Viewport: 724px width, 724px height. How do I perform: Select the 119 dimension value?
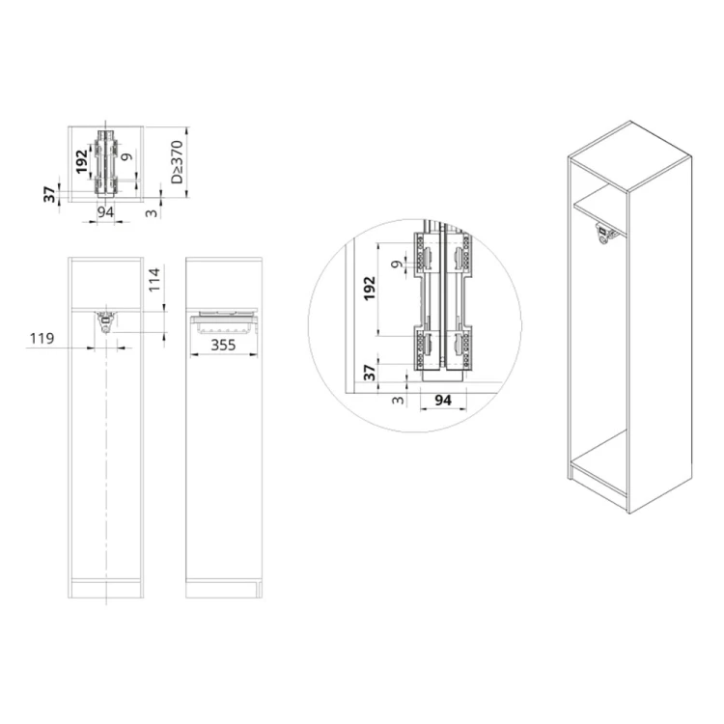pyautogui.click(x=41, y=339)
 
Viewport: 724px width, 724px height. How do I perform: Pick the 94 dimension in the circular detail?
pyautogui.click(x=443, y=399)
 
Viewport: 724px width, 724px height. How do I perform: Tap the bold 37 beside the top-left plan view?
pyautogui.click(x=50, y=194)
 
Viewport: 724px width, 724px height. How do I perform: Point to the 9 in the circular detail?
pyautogui.click(x=394, y=262)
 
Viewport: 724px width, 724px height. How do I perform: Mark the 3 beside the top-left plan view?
pyautogui.click(x=152, y=210)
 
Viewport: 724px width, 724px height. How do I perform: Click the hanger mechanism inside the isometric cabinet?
pyautogui.click(x=605, y=236)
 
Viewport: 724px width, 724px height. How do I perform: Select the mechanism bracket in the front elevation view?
pyautogui.click(x=107, y=320)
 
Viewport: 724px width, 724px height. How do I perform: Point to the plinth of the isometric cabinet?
pyautogui.click(x=599, y=493)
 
